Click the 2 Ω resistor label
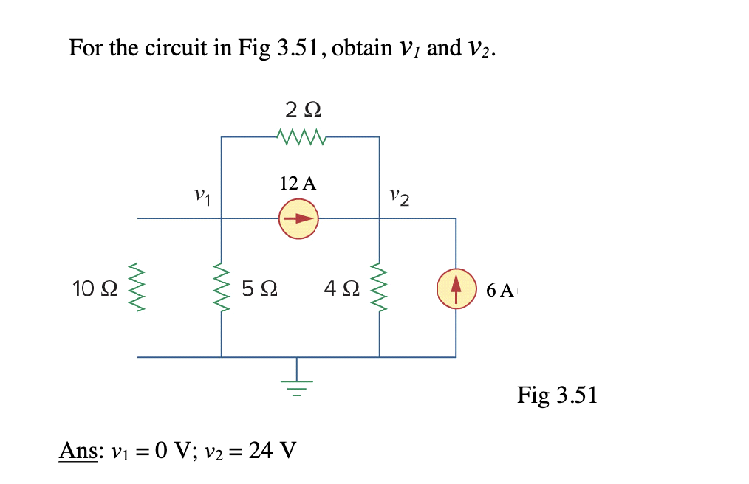(x=302, y=110)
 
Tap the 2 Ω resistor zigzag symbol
(x=298, y=136)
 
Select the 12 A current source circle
(x=298, y=218)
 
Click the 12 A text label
(x=298, y=184)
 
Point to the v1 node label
(x=201, y=198)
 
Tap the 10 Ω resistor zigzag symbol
(x=137, y=288)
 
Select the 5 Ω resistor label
(x=259, y=288)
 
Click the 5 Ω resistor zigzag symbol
(x=221, y=288)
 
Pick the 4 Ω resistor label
(x=341, y=288)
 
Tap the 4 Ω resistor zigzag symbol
(x=380, y=288)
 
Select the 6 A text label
(x=500, y=290)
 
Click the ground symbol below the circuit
(x=298, y=384)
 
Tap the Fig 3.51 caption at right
(x=557, y=395)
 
